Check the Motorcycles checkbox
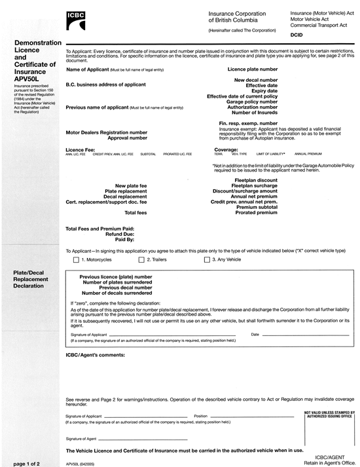coord(76,260)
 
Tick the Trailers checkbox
coord(141,260)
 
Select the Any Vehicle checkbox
coord(207,260)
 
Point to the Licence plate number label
coord(252,69)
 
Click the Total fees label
coord(135,213)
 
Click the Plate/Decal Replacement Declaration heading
coord(30,278)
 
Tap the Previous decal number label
coord(125,288)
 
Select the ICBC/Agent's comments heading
coord(95,354)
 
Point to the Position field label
coord(201,416)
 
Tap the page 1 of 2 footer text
coord(26,463)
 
